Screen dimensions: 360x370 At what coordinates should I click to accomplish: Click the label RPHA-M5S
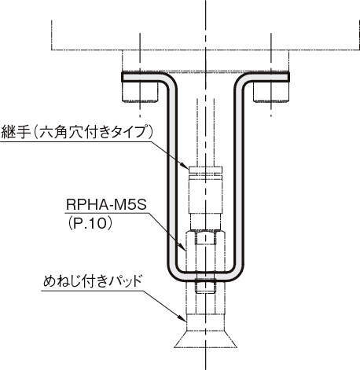tap(106, 204)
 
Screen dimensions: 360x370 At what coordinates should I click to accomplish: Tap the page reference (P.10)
tap(90, 224)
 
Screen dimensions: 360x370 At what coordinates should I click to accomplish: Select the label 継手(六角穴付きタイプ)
tap(77, 132)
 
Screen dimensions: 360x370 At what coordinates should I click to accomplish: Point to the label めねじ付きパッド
tap(92, 281)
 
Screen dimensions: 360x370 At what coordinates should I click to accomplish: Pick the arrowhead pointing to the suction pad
tap(183, 318)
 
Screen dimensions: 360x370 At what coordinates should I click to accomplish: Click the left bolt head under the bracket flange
tap(140, 92)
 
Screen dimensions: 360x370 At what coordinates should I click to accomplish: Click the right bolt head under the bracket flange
tap(271, 92)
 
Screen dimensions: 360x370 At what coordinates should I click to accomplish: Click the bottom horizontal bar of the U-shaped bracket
tap(206, 277)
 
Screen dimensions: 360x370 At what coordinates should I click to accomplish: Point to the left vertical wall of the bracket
tap(171, 178)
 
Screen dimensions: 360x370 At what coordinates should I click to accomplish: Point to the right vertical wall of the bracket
tap(240, 178)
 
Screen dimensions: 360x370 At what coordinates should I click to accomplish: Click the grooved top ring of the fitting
tap(206, 171)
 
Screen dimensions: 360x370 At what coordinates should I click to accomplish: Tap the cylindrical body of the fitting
tap(206, 195)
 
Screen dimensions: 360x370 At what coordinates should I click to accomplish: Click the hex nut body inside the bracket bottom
tap(206, 251)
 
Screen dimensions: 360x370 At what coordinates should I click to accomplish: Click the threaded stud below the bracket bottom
tap(206, 288)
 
